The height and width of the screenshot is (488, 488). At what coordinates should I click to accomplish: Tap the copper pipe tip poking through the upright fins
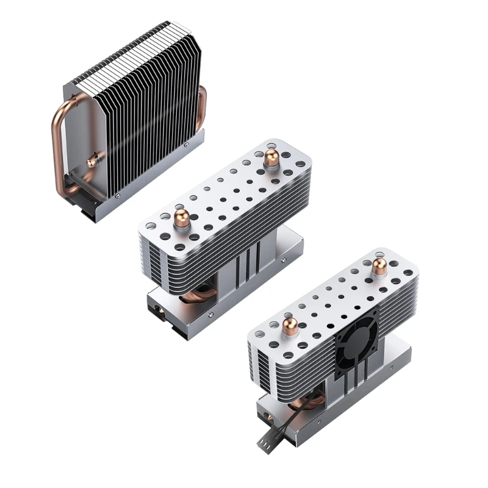tap(92, 160)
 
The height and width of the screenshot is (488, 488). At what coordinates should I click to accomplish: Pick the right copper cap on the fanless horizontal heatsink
tap(271, 160)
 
